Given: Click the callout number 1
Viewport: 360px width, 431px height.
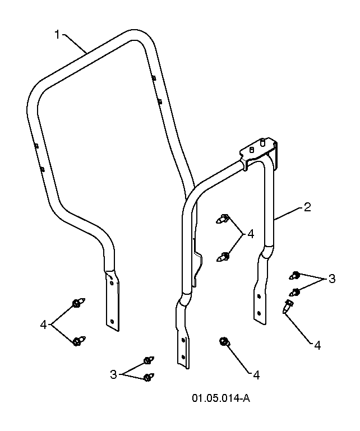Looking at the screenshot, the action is point(57,35).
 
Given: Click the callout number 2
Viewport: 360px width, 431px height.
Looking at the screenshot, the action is point(307,207).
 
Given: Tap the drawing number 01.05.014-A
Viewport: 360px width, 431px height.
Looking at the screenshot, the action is point(221,398).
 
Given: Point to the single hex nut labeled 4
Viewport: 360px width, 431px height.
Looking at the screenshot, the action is point(223,341).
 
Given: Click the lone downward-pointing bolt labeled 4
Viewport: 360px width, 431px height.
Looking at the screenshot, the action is point(287,305).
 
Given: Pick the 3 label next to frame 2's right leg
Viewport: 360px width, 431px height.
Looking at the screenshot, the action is point(332,279).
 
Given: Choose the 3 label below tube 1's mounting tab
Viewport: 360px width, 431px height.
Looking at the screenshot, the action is point(113,374).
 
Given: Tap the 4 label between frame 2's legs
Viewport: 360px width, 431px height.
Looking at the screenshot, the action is point(251,234).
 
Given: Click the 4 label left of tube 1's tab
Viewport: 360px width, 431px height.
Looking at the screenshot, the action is point(43,325).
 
